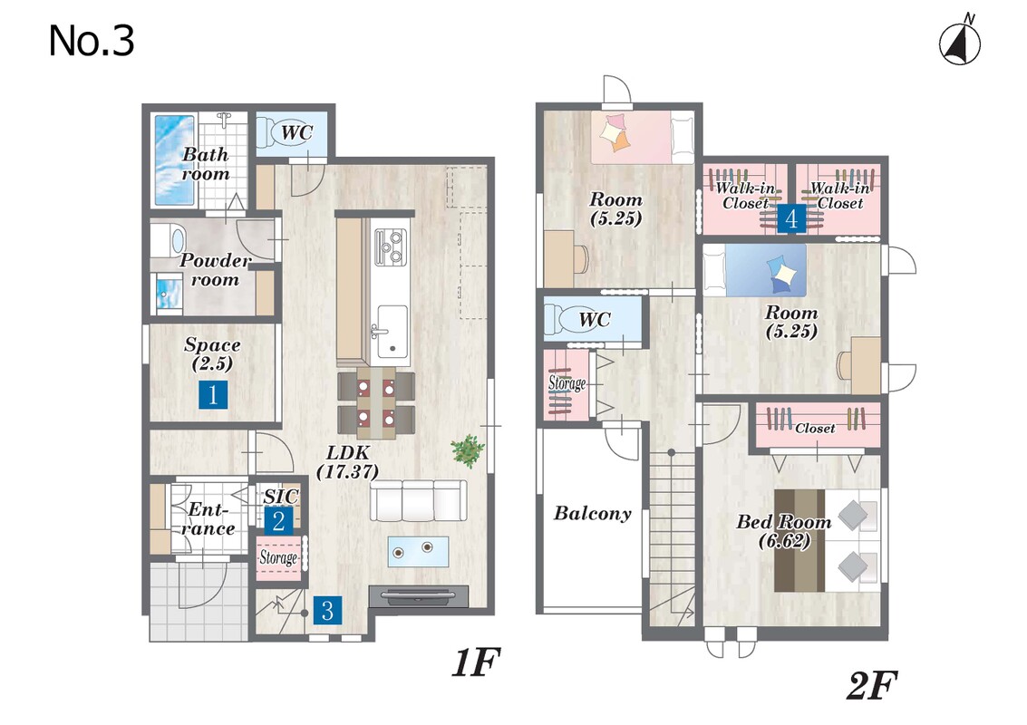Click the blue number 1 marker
213,394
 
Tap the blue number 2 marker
278,521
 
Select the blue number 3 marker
327,610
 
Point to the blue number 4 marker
791,218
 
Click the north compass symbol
960,42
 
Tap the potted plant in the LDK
468,450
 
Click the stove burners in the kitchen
390,246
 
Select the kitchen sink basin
392,331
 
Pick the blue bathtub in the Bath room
175,159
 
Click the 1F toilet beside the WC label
269,132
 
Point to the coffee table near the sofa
418,551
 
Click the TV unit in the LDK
419,596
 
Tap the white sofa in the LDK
419,500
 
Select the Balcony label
593,513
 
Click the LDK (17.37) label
348,461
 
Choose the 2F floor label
871,686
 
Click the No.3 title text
92,41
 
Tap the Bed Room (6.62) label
784,531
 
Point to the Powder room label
215,270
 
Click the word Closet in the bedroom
815,429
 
